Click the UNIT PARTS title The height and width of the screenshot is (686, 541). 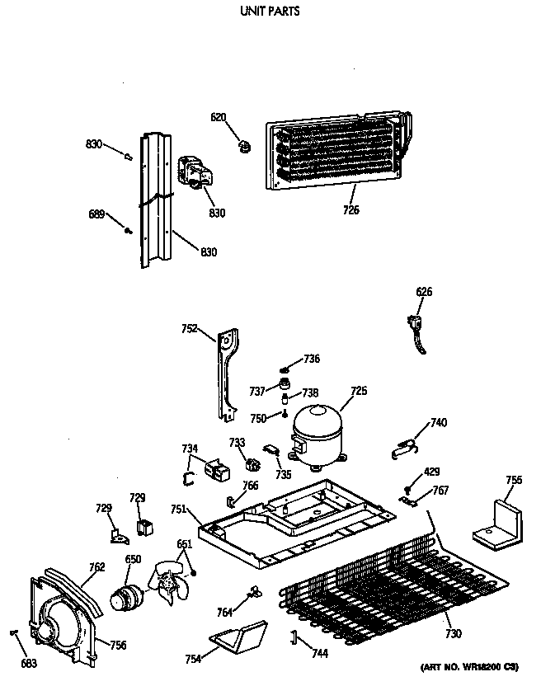270,12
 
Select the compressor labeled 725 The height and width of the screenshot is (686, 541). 317,430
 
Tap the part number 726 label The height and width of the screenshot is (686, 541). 350,210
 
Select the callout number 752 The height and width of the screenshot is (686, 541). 189,328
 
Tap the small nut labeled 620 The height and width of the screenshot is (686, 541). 244,147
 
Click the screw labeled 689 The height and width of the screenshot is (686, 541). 128,232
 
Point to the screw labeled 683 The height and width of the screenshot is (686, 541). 15,633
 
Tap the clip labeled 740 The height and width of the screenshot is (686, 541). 402,448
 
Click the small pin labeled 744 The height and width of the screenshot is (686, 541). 292,636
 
